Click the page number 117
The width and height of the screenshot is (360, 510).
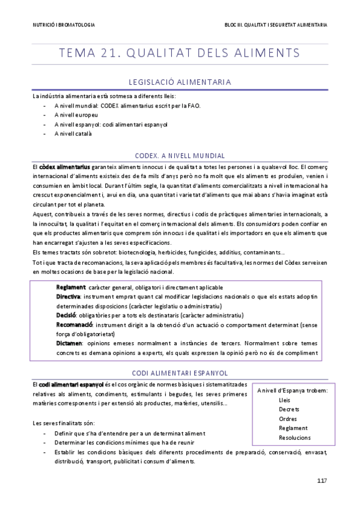(x=322, y=480)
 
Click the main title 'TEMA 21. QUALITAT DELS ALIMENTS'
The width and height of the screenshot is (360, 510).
(x=180, y=53)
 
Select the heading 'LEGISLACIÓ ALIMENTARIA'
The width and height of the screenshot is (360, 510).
(x=180, y=82)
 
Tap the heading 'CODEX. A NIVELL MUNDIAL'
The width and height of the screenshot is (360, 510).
(x=180, y=155)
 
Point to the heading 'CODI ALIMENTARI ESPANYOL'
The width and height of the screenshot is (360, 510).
(x=180, y=373)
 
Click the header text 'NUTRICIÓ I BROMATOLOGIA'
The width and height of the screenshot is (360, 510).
(x=64, y=25)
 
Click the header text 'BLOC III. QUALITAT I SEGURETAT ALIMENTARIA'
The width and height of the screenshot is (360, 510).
(x=275, y=25)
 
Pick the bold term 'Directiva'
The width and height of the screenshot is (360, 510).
(x=69, y=297)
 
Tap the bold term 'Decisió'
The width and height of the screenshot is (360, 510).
(x=66, y=315)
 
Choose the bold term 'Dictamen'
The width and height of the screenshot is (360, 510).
(x=70, y=342)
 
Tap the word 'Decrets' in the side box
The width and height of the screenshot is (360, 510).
(x=289, y=409)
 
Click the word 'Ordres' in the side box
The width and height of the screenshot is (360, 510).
(x=288, y=419)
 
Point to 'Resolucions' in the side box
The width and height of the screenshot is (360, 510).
(x=294, y=437)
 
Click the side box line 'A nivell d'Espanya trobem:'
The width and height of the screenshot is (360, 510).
(x=292, y=391)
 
